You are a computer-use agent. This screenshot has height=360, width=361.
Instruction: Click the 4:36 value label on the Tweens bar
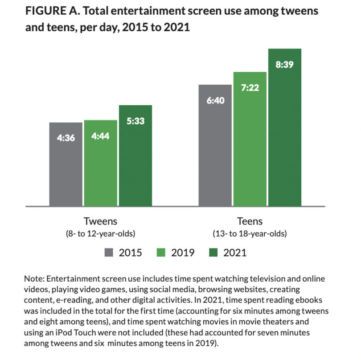click(66, 138)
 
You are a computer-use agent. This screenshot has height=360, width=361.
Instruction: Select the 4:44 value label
click(100, 136)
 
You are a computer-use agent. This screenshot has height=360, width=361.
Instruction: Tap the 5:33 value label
click(135, 121)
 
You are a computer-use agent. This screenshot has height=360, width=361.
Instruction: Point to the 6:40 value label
click(215, 100)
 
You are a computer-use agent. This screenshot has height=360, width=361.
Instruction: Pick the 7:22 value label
click(250, 88)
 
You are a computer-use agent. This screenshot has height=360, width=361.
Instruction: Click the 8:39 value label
click(285, 64)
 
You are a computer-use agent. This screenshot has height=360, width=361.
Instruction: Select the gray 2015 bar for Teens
click(215, 152)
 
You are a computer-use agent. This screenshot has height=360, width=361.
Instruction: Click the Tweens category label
click(100, 221)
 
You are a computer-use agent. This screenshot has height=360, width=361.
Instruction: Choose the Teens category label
click(250, 221)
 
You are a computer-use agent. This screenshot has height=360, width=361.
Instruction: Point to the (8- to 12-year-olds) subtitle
click(100, 233)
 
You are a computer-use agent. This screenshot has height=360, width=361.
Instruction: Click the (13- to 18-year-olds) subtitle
click(250, 233)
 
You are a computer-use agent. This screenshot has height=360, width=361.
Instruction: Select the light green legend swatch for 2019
click(162, 252)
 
